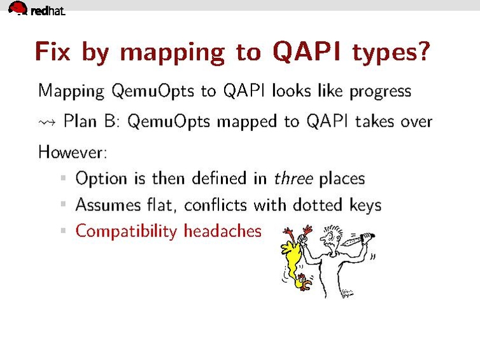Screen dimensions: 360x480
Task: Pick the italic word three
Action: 293,179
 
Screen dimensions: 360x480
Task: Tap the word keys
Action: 365,205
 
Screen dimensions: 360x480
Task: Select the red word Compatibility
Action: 125,231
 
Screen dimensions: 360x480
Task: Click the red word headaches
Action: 222,230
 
